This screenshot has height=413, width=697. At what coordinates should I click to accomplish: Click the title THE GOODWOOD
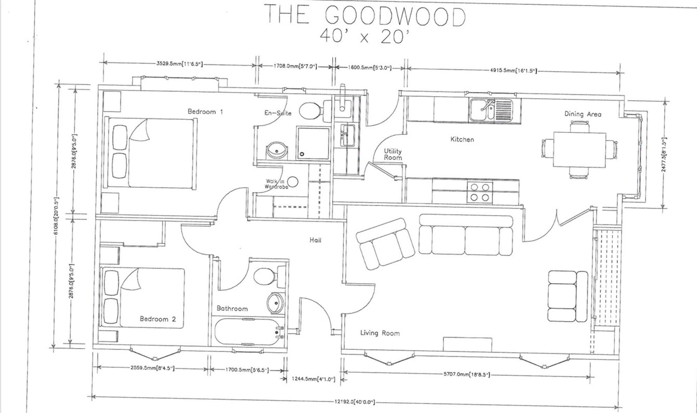pos(366,16)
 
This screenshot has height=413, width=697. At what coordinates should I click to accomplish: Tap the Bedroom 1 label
pos(205,112)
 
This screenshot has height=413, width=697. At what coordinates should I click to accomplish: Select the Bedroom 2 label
pos(158,319)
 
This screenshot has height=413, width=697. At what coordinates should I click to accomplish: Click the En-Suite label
pos(278,113)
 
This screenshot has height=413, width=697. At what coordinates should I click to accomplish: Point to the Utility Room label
pos(393,154)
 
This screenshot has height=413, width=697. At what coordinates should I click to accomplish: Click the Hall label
pos(315,240)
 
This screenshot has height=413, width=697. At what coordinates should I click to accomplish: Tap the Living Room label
pos(380,333)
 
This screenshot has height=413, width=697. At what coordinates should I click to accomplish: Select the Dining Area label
pos(583,114)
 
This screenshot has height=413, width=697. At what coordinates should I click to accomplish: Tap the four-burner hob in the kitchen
pos(480,193)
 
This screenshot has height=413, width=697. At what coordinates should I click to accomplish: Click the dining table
pos(579,149)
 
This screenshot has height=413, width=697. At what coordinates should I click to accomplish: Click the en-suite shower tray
pos(313,143)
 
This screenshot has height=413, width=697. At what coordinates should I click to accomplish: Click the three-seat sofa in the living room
pos(466,235)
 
